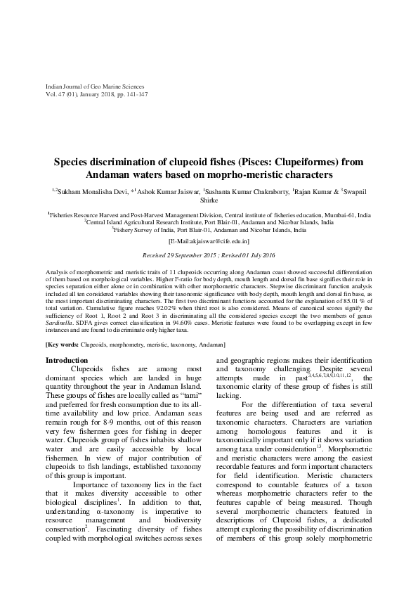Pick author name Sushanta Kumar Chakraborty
pos(249,191)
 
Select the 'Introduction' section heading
pos(67,360)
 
